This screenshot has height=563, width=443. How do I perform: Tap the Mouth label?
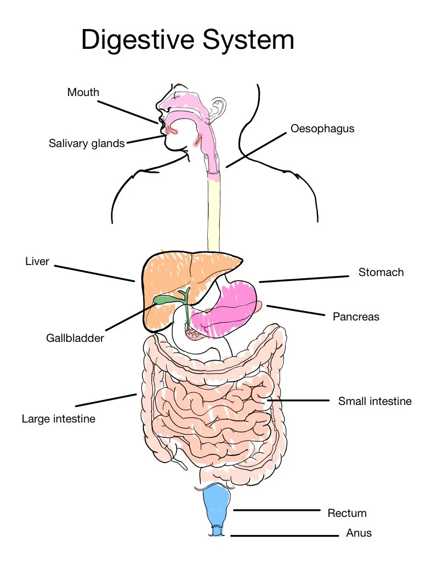coord(83,92)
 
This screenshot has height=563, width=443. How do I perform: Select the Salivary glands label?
coord(87,144)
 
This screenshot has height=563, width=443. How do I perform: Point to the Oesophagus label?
coord(322,129)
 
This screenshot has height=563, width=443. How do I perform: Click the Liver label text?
coord(37,261)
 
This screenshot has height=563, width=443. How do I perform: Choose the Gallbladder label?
coord(75,338)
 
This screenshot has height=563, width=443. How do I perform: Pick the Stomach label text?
coord(381,272)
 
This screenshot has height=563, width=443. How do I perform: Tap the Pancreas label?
coord(356,317)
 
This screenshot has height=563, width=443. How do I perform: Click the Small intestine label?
coord(374,401)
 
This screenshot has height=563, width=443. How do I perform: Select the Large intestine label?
coord(59,419)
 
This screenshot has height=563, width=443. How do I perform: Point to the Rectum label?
coord(347,514)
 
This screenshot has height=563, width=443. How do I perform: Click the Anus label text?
coord(359,533)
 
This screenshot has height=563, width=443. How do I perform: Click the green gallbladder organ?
coord(164,300)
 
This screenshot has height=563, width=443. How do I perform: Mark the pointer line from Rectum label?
coord(277,510)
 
